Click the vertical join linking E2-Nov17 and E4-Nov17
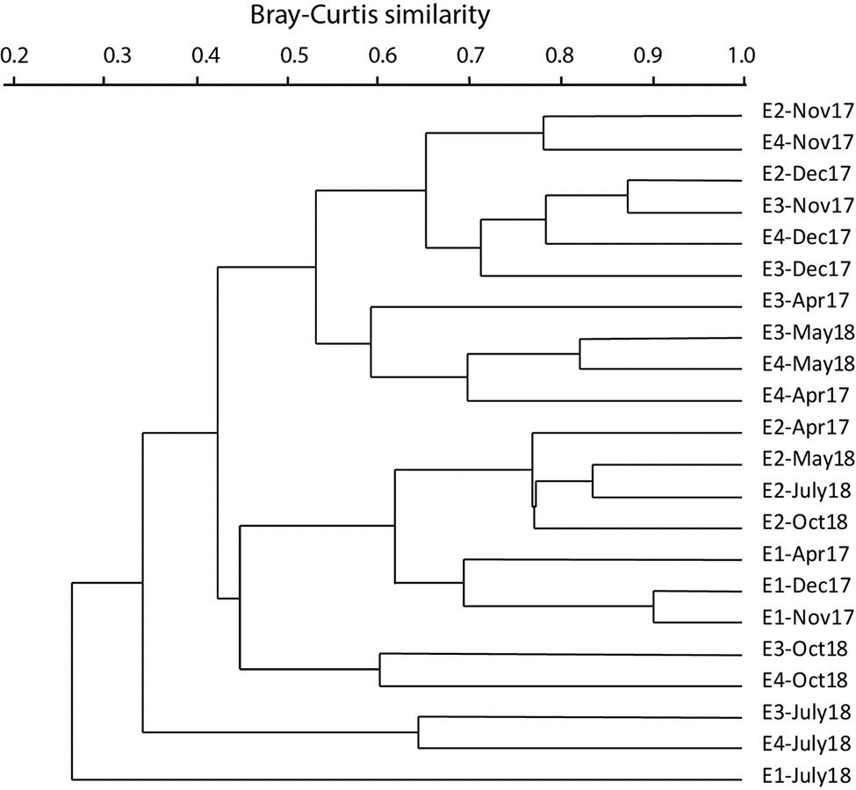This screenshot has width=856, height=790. [543, 133]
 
